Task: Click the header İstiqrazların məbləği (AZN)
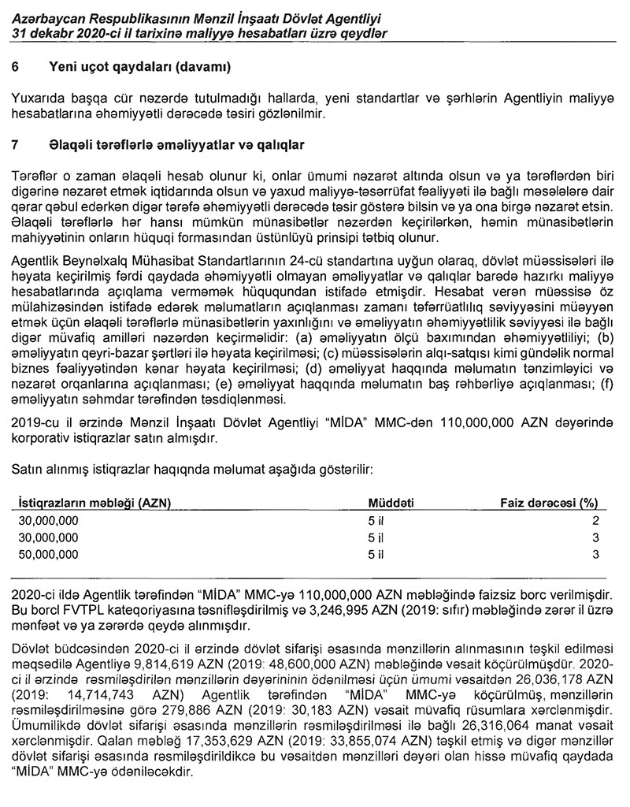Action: coord(94,503)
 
